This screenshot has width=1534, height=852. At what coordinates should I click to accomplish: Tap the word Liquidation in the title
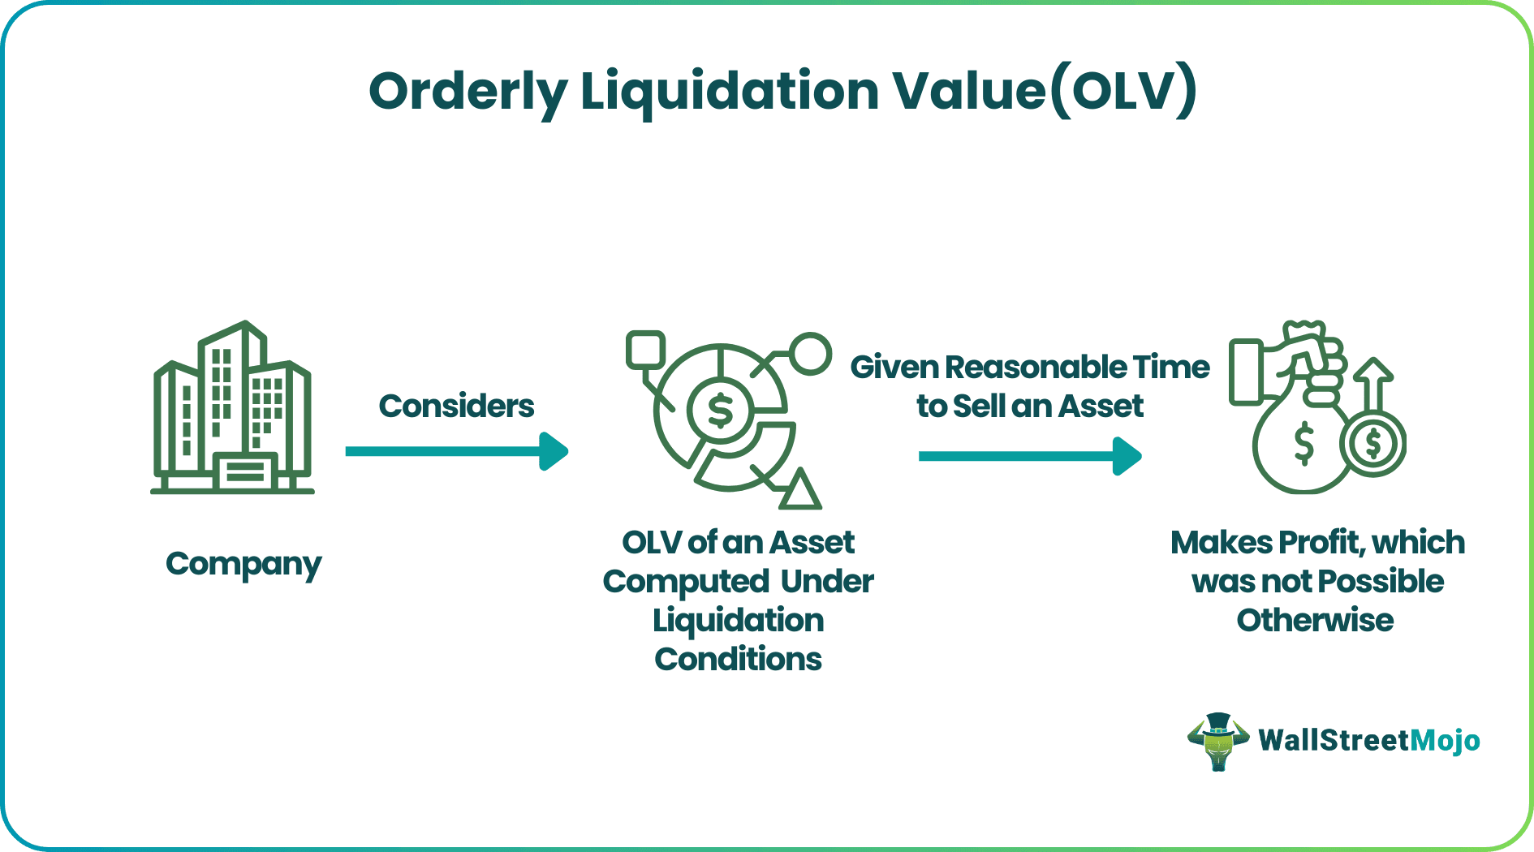729,91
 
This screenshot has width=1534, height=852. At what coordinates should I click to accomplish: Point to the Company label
243,564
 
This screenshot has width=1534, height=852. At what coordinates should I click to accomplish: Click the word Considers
456,406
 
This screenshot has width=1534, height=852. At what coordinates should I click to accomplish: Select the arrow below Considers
456,451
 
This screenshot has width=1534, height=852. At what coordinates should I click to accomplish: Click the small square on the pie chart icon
645,350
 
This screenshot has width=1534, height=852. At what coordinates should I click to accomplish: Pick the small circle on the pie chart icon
810,354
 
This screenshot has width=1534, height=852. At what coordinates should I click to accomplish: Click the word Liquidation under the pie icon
738,621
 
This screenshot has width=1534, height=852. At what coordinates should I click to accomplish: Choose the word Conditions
738,659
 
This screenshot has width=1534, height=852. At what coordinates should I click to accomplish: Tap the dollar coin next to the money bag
1373,444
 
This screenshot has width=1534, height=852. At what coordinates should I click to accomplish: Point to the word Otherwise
1315,621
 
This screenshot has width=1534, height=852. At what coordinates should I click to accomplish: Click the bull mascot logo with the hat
1217,741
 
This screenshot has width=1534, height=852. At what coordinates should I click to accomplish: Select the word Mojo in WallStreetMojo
1445,740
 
